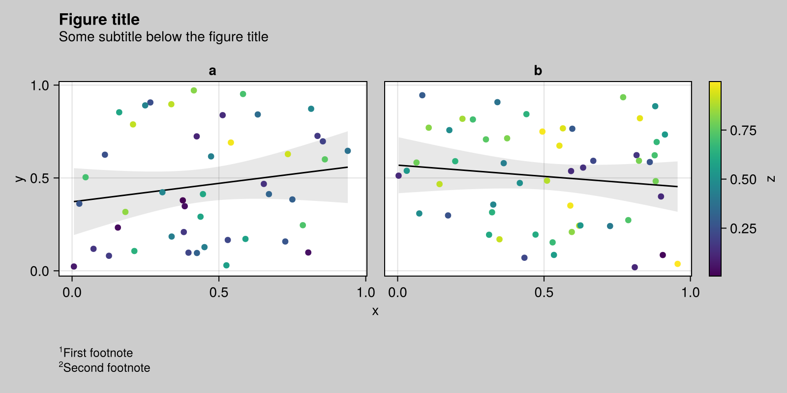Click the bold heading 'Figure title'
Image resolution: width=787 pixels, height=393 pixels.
(x=99, y=20)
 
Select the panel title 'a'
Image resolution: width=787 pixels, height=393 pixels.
(x=212, y=71)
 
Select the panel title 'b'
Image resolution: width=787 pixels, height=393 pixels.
(x=538, y=71)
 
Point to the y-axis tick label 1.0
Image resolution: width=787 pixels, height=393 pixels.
(x=40, y=85)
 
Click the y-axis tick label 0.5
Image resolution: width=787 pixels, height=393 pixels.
(x=40, y=178)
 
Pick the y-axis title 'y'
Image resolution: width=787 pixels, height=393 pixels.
(x=20, y=178)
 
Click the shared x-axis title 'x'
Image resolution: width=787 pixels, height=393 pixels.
(x=375, y=311)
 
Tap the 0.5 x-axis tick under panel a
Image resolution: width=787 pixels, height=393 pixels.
(x=219, y=293)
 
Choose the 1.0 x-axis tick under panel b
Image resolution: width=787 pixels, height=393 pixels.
(x=690, y=293)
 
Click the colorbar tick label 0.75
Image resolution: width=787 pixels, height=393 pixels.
(x=743, y=131)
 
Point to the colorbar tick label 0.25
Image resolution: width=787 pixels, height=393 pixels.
(x=743, y=228)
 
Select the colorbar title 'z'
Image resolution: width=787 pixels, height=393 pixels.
(x=771, y=178)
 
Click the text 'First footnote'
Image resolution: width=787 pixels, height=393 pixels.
(x=98, y=353)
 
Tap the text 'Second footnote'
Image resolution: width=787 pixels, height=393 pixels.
(x=106, y=367)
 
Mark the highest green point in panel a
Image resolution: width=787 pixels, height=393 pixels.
(x=194, y=90)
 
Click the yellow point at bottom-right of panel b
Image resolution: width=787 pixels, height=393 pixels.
(x=677, y=264)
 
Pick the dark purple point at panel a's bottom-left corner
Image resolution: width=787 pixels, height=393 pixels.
(x=74, y=266)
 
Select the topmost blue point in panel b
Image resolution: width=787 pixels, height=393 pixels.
(x=422, y=95)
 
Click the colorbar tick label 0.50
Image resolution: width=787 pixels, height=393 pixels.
(x=743, y=180)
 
